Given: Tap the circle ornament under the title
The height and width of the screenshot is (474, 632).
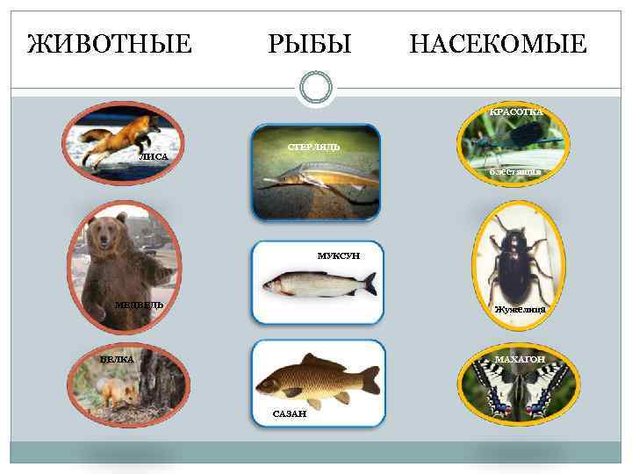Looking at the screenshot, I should coord(316,88).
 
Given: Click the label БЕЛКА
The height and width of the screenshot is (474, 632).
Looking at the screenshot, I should coord(118,360).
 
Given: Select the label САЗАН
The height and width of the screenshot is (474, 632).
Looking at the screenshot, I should coord(289,413).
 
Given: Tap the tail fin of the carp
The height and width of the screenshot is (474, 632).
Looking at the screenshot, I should coord(370,380).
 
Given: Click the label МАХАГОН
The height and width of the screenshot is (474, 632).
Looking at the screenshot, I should coord(520,360).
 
